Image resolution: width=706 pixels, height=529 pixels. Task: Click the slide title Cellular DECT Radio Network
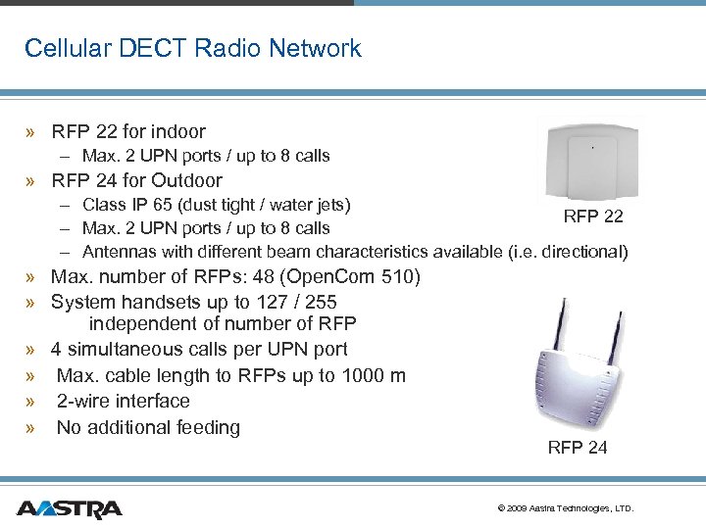(x=192, y=48)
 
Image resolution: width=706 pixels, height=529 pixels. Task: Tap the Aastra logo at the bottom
(x=70, y=508)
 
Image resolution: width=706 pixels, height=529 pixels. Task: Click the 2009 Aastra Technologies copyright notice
(x=566, y=508)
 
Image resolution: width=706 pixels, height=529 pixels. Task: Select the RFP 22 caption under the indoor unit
(x=592, y=216)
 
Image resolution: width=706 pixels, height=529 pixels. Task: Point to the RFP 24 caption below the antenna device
(x=578, y=448)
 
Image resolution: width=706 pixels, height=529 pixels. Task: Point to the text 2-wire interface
(x=124, y=401)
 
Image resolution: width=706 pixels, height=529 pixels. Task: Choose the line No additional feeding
(x=148, y=427)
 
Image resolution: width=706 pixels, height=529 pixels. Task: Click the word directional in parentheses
(x=580, y=252)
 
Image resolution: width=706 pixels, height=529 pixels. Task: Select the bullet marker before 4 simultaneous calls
(x=32, y=350)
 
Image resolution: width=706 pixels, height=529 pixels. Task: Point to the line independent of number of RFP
(x=223, y=324)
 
